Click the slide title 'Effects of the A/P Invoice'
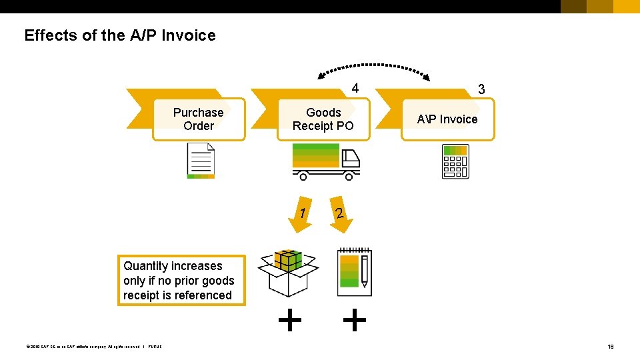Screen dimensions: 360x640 (120, 35)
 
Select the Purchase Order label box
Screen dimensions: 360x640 (199, 119)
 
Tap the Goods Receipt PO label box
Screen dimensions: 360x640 (323, 119)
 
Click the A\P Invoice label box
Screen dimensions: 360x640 (447, 119)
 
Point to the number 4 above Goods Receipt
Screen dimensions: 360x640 (355, 89)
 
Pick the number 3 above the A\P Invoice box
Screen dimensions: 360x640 (481, 89)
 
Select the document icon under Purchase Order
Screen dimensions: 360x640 (201, 162)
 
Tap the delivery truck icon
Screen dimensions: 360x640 (325, 162)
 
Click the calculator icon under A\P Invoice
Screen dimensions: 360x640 (455, 161)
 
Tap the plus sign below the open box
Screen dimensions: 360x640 (289, 321)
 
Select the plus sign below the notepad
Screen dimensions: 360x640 (354, 321)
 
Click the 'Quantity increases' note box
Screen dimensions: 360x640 (181, 281)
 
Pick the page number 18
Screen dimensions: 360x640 (611, 347)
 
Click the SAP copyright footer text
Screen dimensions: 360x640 (93, 347)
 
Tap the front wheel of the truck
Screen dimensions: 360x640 (348, 177)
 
